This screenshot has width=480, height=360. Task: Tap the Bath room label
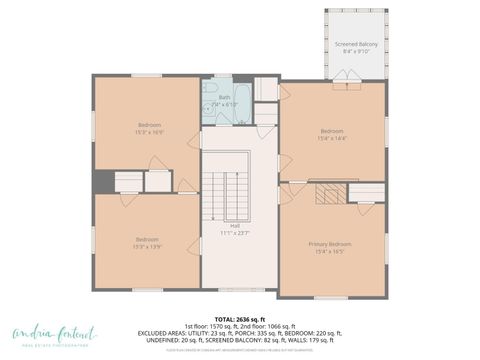click(225, 97)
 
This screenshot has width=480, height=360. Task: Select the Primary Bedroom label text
click(329, 244)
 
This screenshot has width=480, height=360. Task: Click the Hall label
click(235, 225)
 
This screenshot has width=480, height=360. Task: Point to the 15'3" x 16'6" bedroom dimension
click(148, 132)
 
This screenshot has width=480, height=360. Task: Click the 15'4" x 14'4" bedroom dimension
click(332, 137)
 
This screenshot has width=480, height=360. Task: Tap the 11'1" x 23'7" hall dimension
click(235, 233)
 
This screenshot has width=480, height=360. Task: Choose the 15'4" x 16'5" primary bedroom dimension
click(329, 252)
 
